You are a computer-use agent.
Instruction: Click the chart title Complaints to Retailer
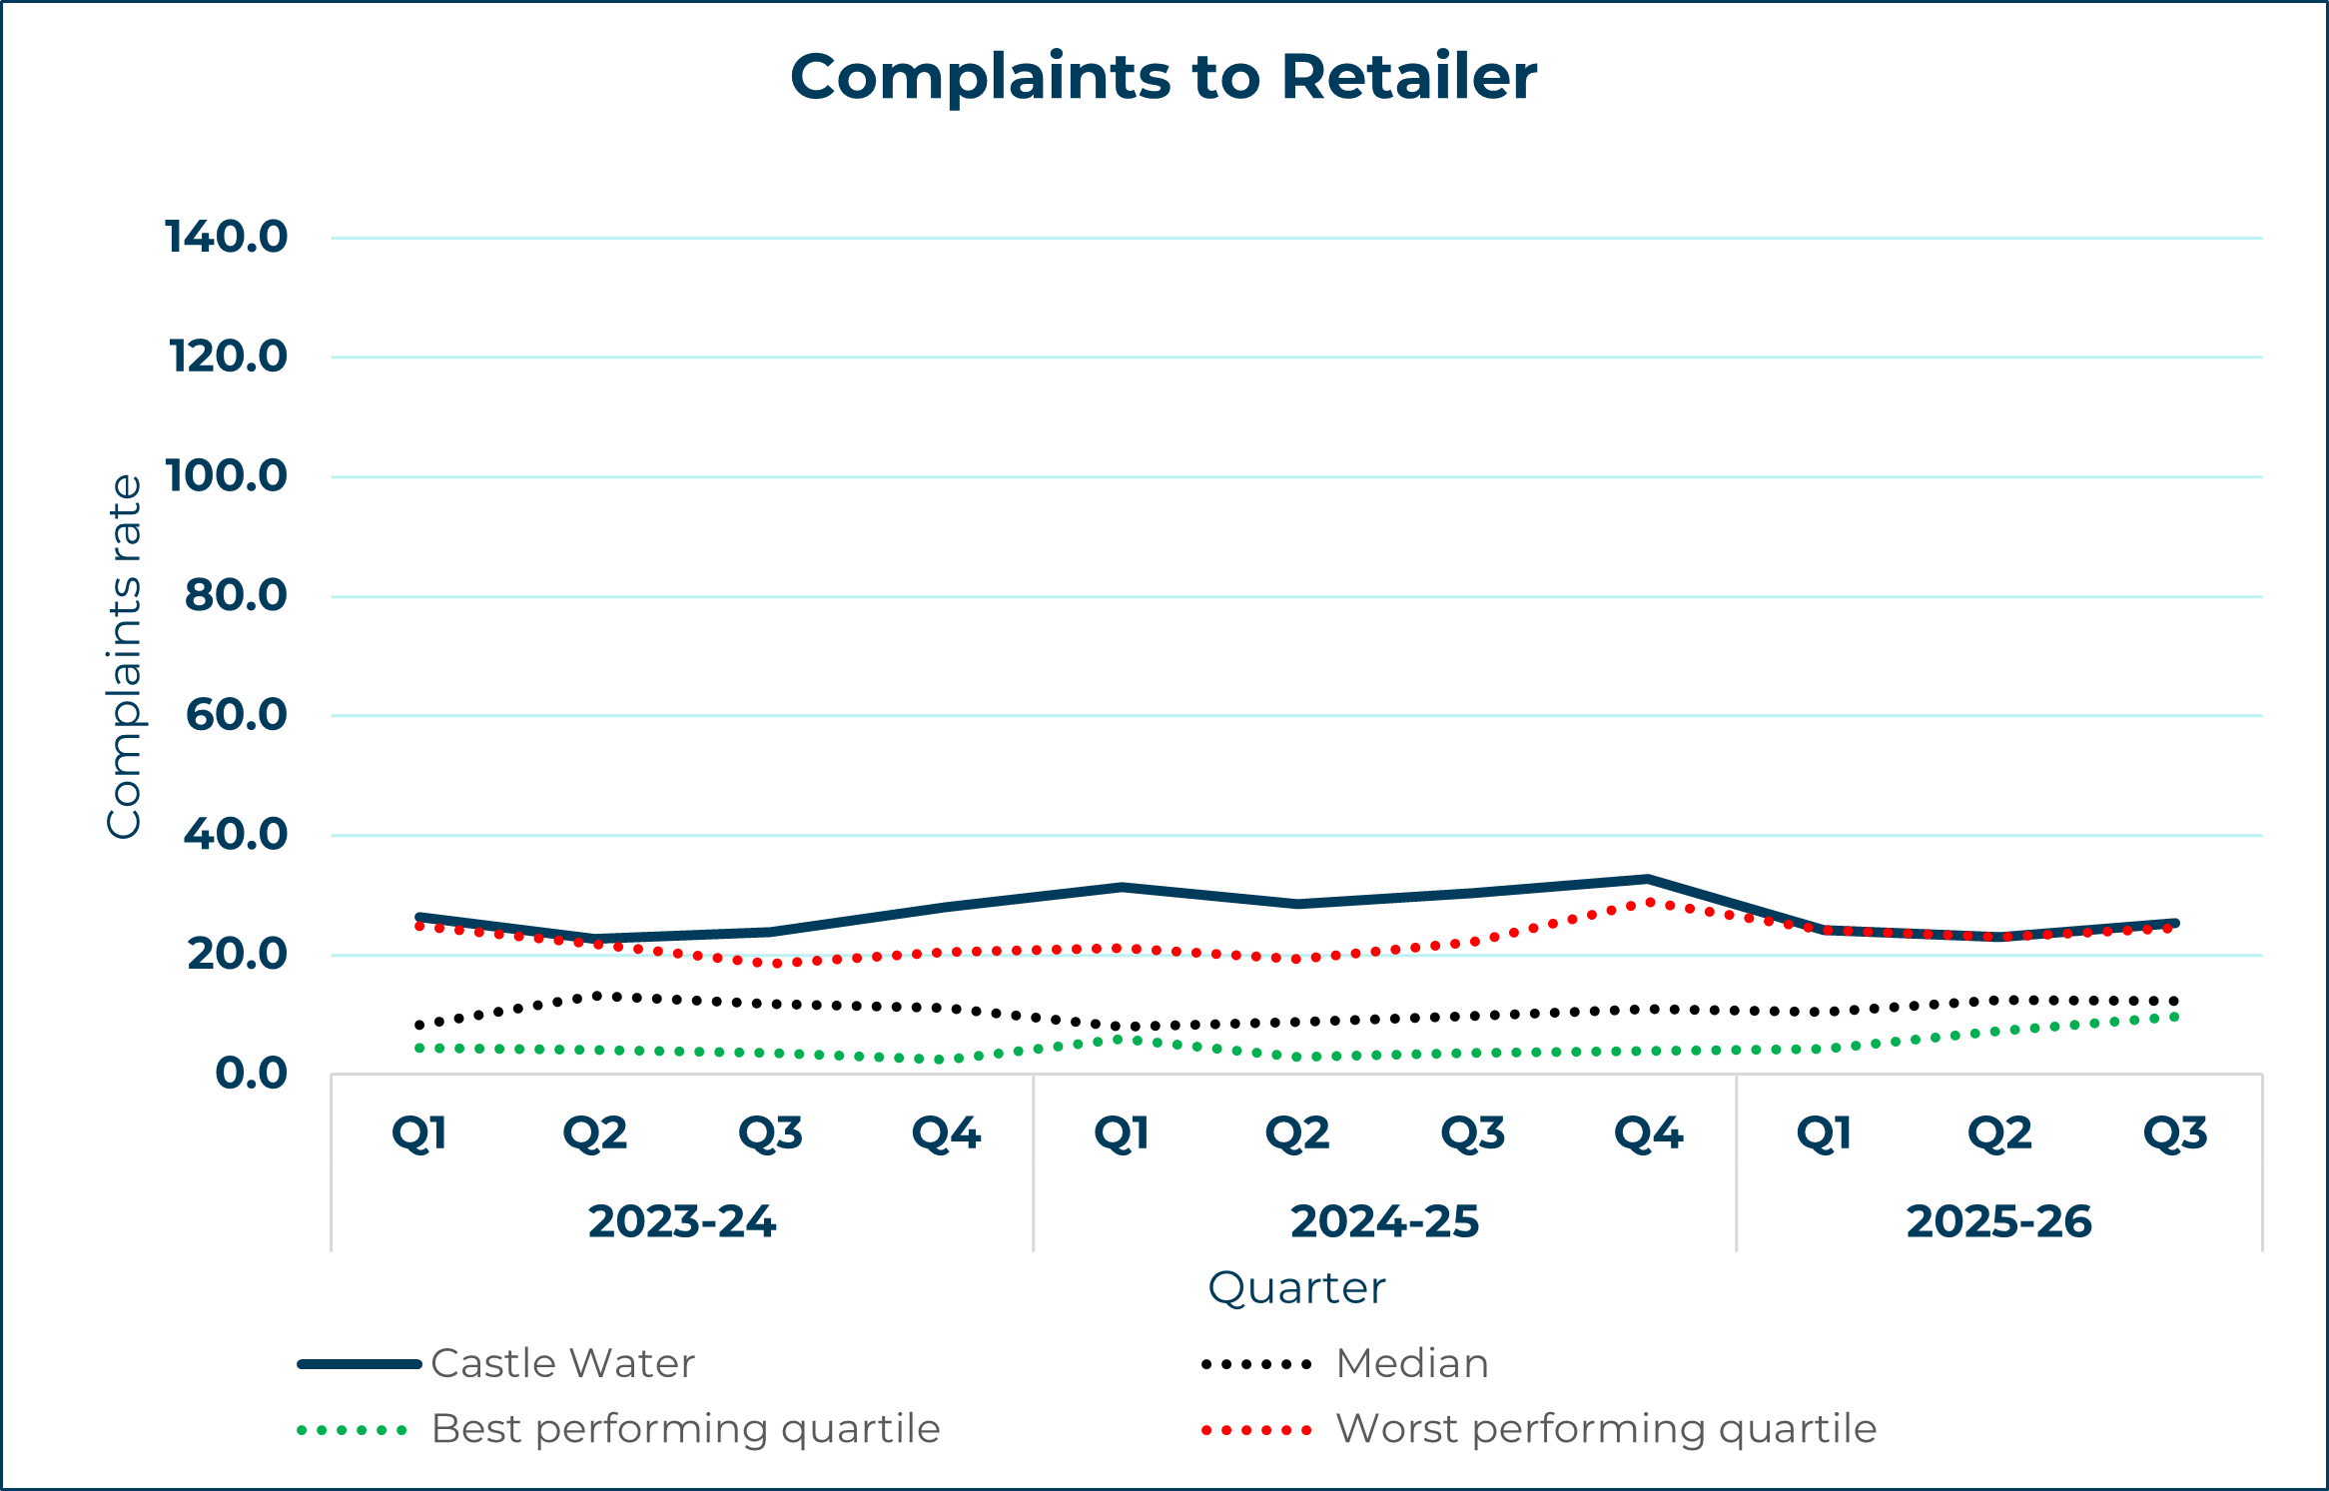point(1164,77)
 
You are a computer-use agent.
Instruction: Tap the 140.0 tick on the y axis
point(227,238)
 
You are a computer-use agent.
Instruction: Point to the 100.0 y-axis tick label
point(227,476)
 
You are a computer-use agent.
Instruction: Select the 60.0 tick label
point(237,715)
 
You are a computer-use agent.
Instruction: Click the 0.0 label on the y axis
point(252,1074)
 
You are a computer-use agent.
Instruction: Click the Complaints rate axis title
point(125,656)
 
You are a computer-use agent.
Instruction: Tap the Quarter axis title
point(1296,1288)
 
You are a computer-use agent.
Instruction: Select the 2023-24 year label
point(682,1221)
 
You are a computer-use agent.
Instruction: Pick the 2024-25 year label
point(1384,1221)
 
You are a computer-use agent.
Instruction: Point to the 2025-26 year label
point(1998,1221)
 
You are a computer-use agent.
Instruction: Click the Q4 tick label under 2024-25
point(1649,1133)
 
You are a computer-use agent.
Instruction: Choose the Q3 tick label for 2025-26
point(2175,1133)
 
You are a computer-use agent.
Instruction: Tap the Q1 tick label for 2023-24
point(419,1133)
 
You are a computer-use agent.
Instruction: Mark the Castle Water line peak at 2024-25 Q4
point(1648,879)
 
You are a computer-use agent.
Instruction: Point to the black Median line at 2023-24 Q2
point(596,996)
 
